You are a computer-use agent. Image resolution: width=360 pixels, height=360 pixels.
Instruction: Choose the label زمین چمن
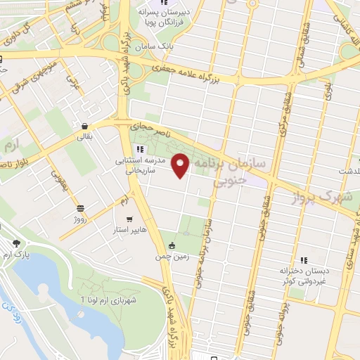tap(172, 257)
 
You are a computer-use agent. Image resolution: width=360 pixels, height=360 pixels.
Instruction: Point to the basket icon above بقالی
tap(84, 127)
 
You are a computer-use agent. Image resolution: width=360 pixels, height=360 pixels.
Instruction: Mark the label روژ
tap(80, 219)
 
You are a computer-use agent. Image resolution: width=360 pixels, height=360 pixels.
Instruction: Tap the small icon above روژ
tap(80, 208)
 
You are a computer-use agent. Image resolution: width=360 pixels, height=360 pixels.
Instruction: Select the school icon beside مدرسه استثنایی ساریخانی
tap(140, 149)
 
